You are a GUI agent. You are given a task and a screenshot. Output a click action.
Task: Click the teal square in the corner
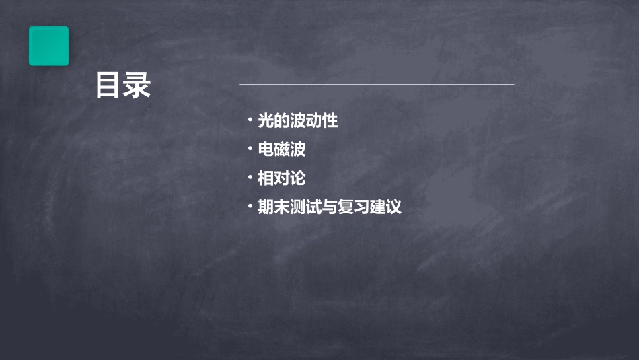[48, 46]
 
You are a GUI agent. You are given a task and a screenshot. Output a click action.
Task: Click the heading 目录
[123, 85]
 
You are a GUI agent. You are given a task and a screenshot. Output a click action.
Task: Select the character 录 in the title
[138, 85]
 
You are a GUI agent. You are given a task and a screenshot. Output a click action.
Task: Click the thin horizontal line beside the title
[377, 85]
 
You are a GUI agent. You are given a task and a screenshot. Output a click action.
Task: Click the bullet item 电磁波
[282, 149]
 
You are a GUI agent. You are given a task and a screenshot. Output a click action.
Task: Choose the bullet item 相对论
[282, 178]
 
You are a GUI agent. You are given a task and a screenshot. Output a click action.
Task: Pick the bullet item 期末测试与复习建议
[330, 207]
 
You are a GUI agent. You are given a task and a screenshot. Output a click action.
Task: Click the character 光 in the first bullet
[266, 121]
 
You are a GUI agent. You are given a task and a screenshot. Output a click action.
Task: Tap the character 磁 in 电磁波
[282, 149]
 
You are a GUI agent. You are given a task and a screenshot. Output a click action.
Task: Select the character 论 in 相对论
[298, 178]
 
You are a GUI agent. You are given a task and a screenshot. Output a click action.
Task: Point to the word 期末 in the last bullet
[274, 207]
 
